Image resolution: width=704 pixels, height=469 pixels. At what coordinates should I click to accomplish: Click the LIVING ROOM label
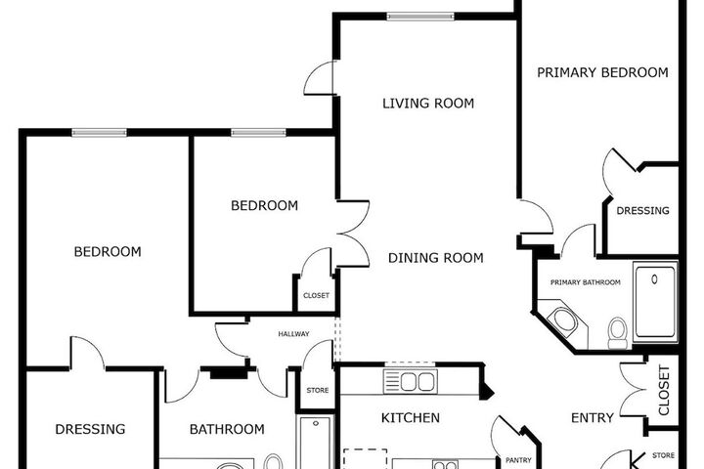tap(428, 104)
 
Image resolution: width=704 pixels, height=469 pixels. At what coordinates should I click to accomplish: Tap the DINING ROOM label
tap(435, 258)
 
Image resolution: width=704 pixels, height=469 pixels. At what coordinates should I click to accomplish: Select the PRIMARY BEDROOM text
tap(602, 72)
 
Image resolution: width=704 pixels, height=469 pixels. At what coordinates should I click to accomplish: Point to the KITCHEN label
tap(411, 418)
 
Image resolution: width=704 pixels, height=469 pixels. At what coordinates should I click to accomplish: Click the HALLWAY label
tap(293, 334)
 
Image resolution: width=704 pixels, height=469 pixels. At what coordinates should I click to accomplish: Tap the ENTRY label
tap(593, 418)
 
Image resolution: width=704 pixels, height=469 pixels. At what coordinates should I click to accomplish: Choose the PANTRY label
tap(518, 460)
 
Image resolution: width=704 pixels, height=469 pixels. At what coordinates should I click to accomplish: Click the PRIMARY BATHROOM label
tap(586, 282)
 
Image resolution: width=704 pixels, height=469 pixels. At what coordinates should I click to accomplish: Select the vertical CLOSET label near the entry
tap(664, 390)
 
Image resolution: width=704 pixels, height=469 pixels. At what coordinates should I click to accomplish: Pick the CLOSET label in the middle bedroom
tap(316, 295)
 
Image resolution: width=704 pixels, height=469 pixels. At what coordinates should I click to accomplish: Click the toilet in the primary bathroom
tap(618, 333)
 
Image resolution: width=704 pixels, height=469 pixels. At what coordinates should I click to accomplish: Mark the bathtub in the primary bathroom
tap(655, 302)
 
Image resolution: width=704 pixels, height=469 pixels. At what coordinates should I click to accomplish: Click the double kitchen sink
tap(411, 382)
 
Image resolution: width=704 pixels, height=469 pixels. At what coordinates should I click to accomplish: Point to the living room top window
tap(420, 17)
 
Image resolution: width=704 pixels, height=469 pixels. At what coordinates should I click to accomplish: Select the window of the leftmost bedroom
tap(99, 133)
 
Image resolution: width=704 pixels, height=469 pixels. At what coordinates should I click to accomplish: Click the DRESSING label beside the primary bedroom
tap(642, 210)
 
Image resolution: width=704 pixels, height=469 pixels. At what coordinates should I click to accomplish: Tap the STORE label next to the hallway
tap(318, 391)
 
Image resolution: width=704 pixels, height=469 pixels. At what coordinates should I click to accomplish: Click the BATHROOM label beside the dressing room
tap(227, 430)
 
